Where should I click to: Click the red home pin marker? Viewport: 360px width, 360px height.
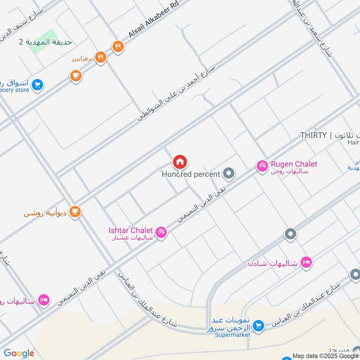[180, 162]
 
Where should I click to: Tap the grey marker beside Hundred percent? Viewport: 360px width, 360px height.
[229, 173]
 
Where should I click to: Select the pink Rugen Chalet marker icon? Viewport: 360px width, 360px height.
[261, 166]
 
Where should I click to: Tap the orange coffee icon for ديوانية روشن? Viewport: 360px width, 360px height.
[75, 212]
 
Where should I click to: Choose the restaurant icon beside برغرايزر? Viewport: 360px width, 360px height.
[101, 58]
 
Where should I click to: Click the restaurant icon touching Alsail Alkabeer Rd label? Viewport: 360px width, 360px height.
[117, 46]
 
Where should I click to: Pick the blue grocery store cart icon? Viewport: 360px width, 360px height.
[37, 84]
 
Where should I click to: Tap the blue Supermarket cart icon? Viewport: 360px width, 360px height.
[258, 325]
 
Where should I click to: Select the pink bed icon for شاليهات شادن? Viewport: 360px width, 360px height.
[306, 262]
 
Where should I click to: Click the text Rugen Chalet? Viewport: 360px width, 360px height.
[293, 164]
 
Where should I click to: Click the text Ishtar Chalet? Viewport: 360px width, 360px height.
[130, 230]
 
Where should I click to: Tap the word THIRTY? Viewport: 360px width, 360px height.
[313, 135]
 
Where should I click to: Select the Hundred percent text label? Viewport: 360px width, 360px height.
[191, 174]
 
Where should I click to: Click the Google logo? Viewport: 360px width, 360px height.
[19, 353]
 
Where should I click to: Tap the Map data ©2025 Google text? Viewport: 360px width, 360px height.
[324, 355]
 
